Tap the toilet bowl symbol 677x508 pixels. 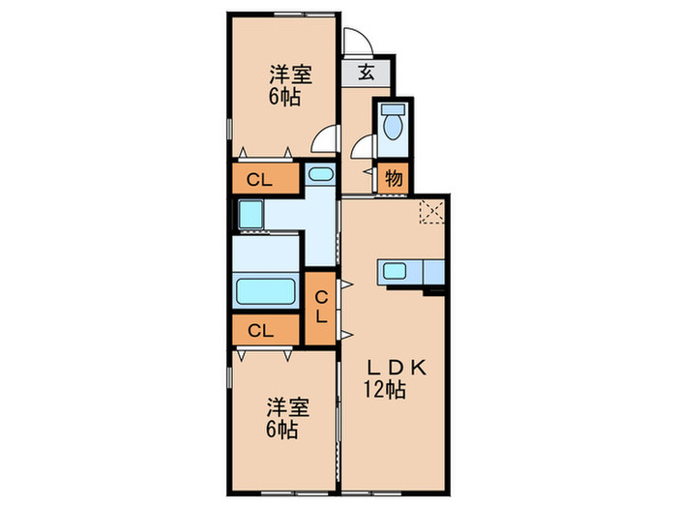(393, 125)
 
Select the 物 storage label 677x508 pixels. (394, 178)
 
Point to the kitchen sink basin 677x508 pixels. (397, 272)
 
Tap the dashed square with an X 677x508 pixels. (429, 211)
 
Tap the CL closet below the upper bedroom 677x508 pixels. (257, 179)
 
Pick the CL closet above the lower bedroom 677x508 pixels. (257, 330)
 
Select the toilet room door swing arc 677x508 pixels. (363, 147)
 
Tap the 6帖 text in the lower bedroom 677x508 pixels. (283, 428)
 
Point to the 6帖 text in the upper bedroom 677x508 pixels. (283, 97)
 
